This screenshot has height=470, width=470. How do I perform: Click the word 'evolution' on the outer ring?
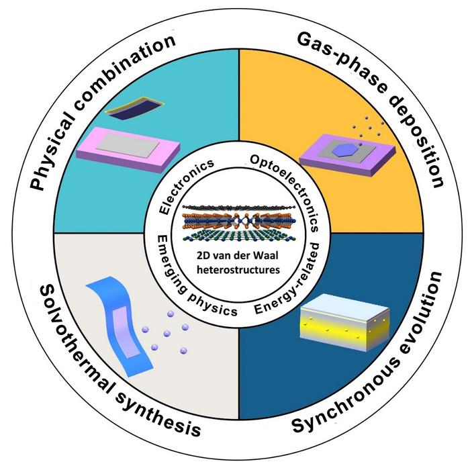click(x=422, y=316)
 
